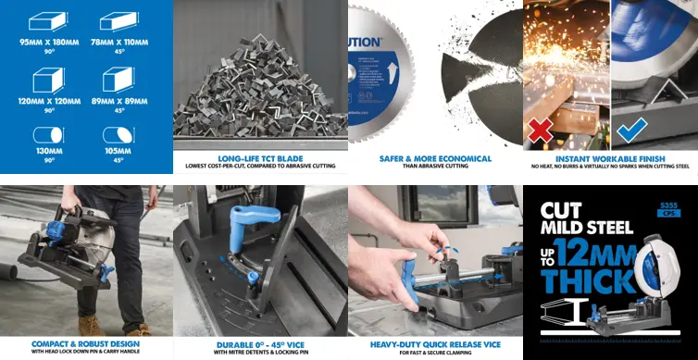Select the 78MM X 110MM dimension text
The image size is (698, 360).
click(125, 43)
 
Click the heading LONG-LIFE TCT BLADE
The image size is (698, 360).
click(260, 158)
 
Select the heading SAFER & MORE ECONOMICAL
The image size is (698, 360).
click(435, 158)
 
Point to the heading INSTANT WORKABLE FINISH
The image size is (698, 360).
click(610, 158)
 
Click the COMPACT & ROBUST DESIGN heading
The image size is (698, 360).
click(86, 342)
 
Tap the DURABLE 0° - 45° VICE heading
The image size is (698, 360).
click(260, 342)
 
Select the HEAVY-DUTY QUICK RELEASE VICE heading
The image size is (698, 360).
click(435, 342)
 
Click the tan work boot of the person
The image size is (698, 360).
click(91, 325)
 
